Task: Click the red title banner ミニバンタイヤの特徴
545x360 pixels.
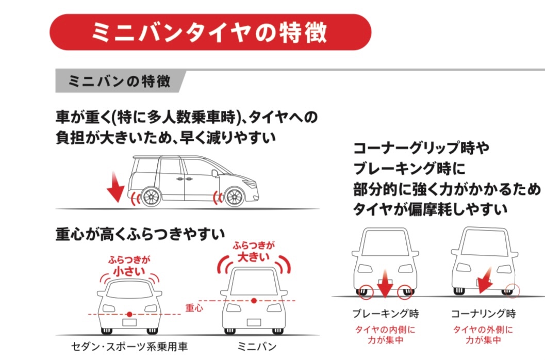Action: [210, 32]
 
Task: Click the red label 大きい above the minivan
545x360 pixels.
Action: [253, 256]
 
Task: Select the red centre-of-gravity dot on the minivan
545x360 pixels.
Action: [254, 300]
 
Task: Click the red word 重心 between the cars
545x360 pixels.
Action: [194, 308]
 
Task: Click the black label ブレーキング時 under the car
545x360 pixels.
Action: [385, 314]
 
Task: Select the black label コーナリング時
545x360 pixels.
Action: [483, 314]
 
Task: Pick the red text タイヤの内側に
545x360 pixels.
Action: [385, 329]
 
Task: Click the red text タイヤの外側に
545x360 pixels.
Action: [483, 329]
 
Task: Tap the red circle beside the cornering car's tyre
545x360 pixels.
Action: [514, 290]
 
